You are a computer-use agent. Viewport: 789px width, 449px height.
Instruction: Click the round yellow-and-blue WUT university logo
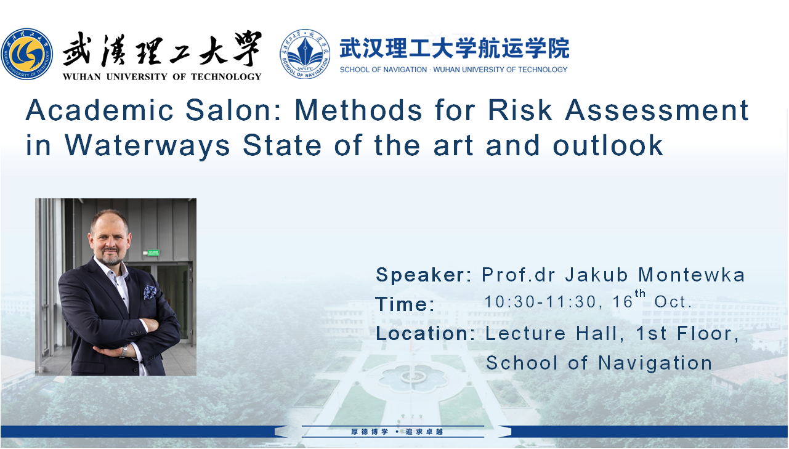27,54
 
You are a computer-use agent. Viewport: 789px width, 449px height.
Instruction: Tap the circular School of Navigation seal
305,54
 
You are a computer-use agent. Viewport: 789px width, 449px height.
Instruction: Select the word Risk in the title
520,110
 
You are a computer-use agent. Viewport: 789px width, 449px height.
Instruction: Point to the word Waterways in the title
147,145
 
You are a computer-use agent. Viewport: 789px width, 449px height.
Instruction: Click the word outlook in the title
608,145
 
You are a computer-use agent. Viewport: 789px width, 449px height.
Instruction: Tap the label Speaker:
424,275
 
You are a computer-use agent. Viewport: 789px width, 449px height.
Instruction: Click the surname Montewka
692,275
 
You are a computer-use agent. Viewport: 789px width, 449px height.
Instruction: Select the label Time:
405,304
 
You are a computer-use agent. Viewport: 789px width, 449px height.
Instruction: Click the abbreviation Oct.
673,301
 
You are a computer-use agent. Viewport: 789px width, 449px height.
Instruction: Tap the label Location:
426,333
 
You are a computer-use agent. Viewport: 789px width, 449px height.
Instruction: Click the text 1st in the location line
651,333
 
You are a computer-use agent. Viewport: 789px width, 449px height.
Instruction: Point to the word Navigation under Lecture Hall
655,363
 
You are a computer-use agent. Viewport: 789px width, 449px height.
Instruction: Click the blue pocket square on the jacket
150,292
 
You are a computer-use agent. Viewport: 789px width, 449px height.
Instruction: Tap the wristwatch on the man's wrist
124,350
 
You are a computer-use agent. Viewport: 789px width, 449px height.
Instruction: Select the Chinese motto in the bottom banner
397,432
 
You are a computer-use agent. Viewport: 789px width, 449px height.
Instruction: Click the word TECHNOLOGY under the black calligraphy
226,77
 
